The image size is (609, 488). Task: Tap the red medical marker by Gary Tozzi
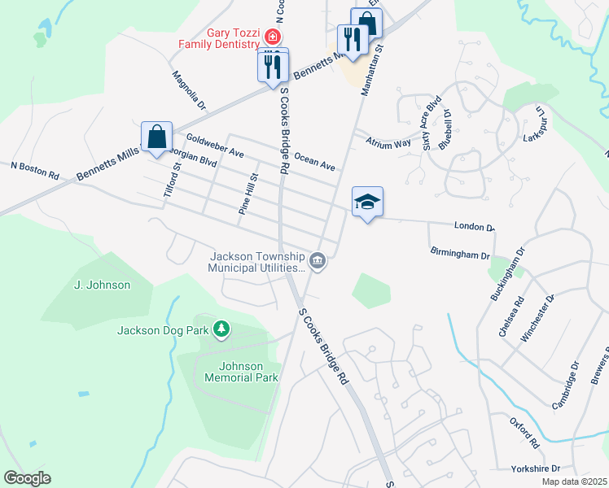coord(271,37)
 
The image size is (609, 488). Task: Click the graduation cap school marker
coord(367,203)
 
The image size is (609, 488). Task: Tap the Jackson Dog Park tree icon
coord(220,329)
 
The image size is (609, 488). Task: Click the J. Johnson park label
coord(102,285)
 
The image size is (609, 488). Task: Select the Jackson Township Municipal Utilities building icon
coord(318,262)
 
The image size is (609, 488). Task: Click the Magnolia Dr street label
coord(189,90)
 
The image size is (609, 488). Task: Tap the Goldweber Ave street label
coord(215,146)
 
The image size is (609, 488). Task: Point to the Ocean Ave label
coord(315,160)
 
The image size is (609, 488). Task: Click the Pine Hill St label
coord(248,194)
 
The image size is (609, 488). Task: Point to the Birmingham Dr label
coord(460,255)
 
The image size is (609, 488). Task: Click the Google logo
coord(27,478)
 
